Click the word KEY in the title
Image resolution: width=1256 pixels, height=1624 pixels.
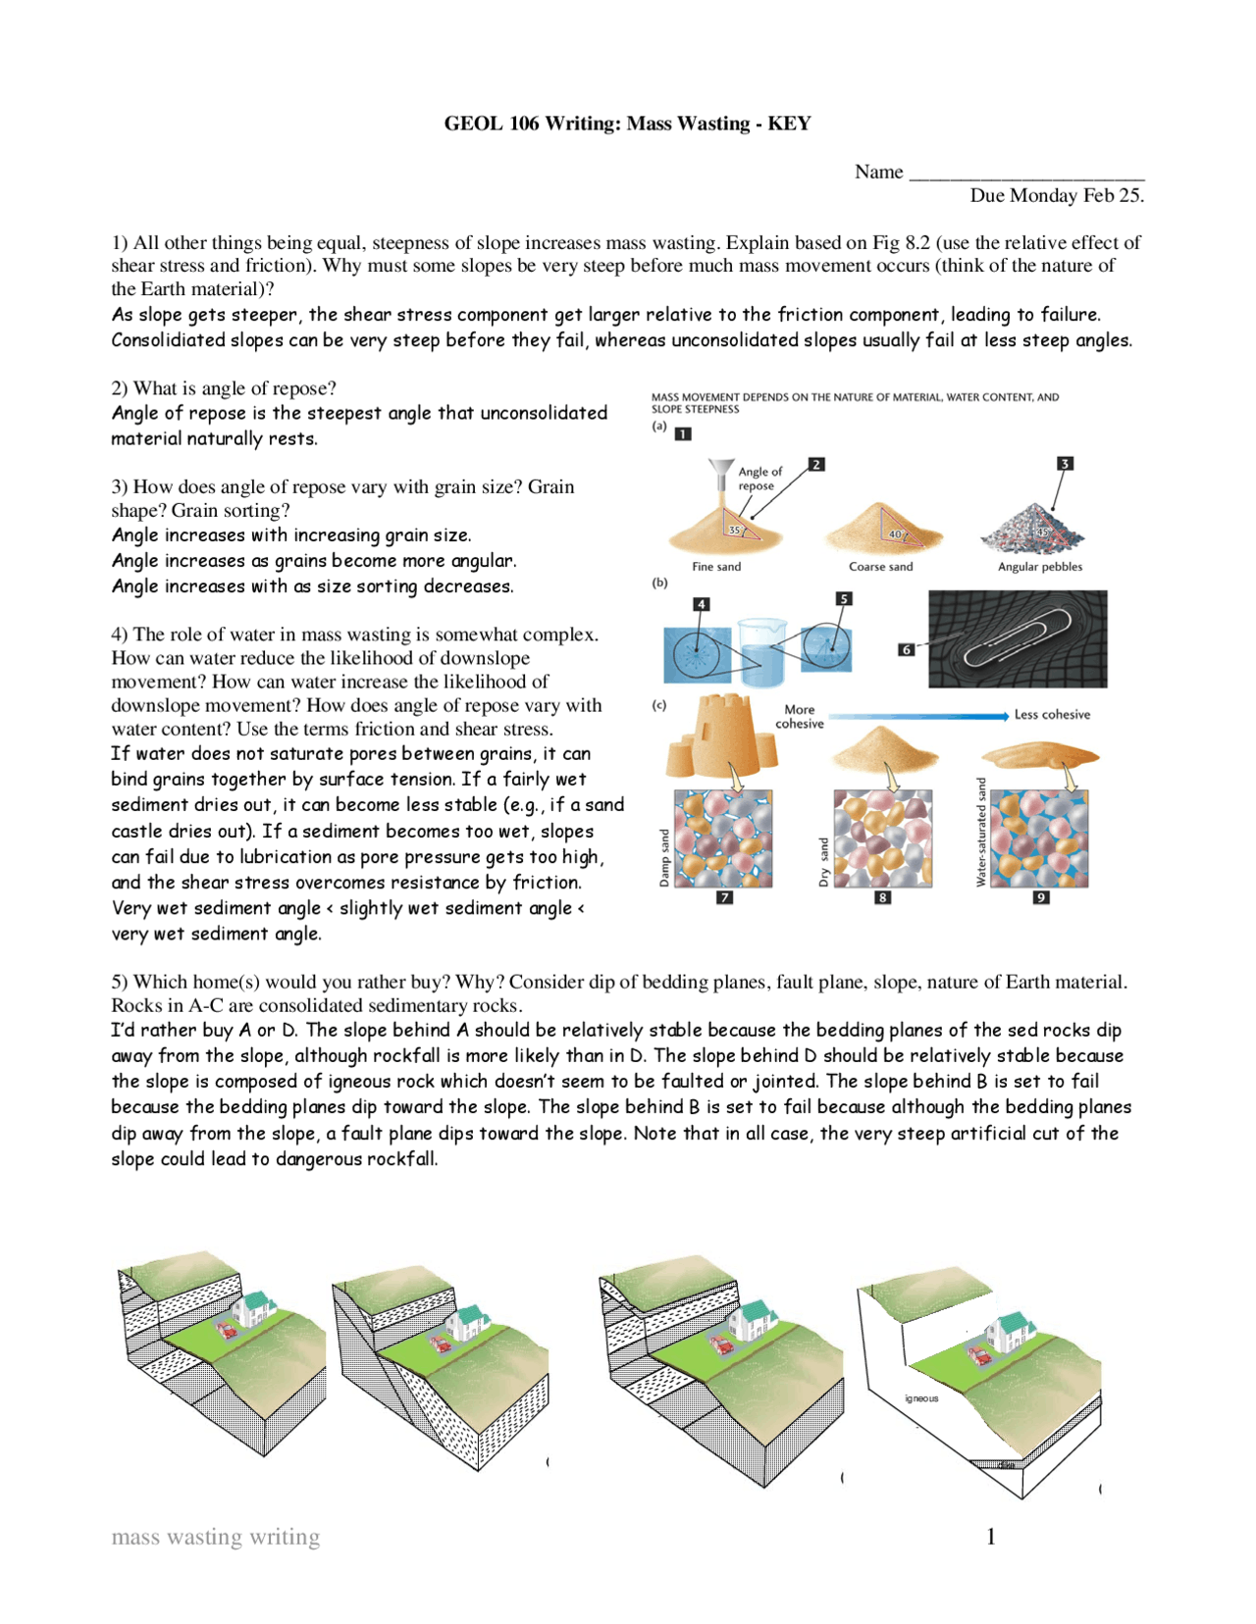789,124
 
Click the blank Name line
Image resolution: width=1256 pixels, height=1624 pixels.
1025,175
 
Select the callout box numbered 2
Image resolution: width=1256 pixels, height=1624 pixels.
816,464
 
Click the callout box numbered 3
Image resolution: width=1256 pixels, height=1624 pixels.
1065,463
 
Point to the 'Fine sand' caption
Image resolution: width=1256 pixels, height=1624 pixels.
716,567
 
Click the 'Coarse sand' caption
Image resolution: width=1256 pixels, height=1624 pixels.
880,567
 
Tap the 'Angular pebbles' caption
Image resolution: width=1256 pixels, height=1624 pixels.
1040,567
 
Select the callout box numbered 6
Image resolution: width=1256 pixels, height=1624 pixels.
906,649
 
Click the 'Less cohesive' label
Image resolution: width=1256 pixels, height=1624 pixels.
1052,715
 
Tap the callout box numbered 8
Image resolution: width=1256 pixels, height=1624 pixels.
883,897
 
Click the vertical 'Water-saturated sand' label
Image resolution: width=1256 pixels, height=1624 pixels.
980,833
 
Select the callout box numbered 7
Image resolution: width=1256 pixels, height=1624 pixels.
724,897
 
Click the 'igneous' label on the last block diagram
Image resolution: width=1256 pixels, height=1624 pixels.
921,1398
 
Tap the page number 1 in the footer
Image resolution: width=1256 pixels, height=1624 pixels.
991,1537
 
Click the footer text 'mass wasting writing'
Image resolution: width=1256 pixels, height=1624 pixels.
216,1537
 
